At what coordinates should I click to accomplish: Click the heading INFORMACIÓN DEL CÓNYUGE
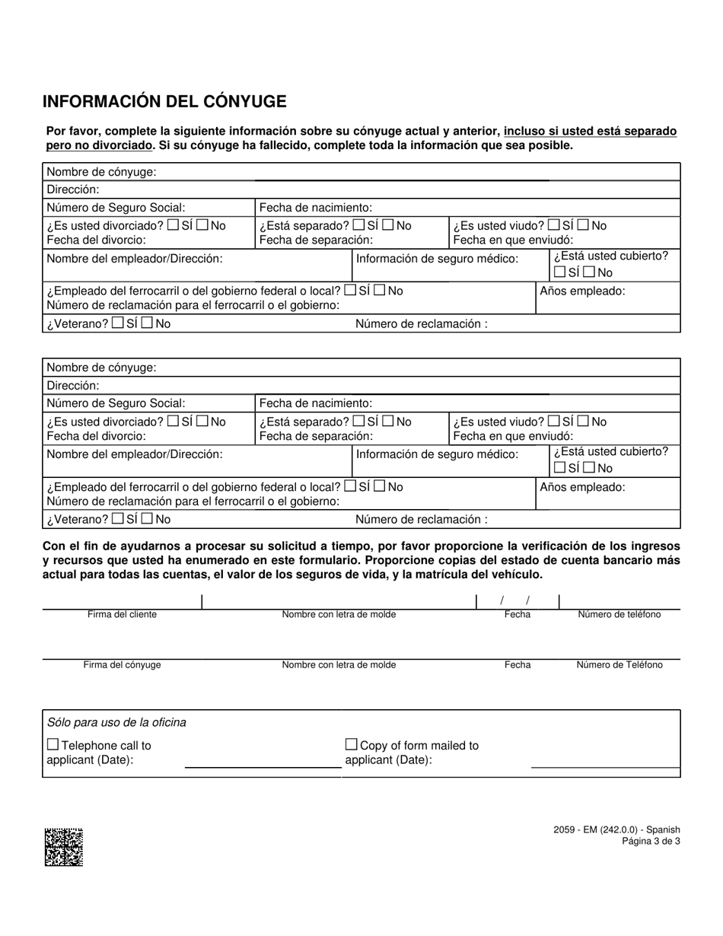(164, 102)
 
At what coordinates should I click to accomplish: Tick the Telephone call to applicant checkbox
(53, 744)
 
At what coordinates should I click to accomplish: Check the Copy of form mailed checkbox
(351, 744)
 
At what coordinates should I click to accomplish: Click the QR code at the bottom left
(64, 847)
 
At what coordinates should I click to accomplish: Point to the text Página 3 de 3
(651, 841)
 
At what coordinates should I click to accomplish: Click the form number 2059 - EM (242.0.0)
(617, 829)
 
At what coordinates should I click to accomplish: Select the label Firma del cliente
(122, 614)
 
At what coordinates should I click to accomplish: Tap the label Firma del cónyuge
(122, 664)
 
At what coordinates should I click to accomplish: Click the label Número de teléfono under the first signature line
(619, 614)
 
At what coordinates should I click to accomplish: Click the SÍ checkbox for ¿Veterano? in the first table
(117, 323)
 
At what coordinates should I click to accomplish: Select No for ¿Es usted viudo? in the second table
(584, 420)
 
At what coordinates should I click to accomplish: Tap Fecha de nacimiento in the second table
(316, 403)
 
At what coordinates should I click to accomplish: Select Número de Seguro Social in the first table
(116, 207)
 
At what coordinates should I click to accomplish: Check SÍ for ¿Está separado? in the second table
(359, 420)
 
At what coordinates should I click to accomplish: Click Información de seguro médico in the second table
(437, 454)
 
